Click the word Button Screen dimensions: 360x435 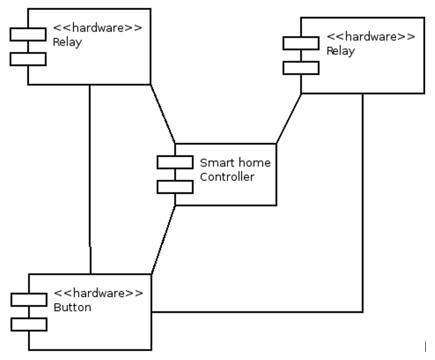tap(72, 307)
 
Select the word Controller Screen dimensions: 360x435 tap(227, 176)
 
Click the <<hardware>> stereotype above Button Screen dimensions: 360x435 tap(98, 293)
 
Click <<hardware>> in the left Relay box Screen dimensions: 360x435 tap(98, 28)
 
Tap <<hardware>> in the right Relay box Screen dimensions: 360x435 tap(371, 37)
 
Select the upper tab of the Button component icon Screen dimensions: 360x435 tap(29, 299)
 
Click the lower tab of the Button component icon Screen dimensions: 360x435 tap(29, 324)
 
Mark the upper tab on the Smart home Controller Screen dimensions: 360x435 tap(175, 162)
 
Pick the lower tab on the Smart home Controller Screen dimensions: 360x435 tap(175, 187)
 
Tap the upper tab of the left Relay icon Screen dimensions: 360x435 tap(28, 34)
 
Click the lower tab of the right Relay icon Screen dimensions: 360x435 tap(301, 67)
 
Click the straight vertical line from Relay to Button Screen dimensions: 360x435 tap(90, 180)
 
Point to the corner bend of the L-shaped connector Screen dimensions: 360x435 tap(363, 312)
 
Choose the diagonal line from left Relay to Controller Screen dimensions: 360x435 tap(163, 114)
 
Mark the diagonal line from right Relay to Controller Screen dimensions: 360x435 tap(289, 119)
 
